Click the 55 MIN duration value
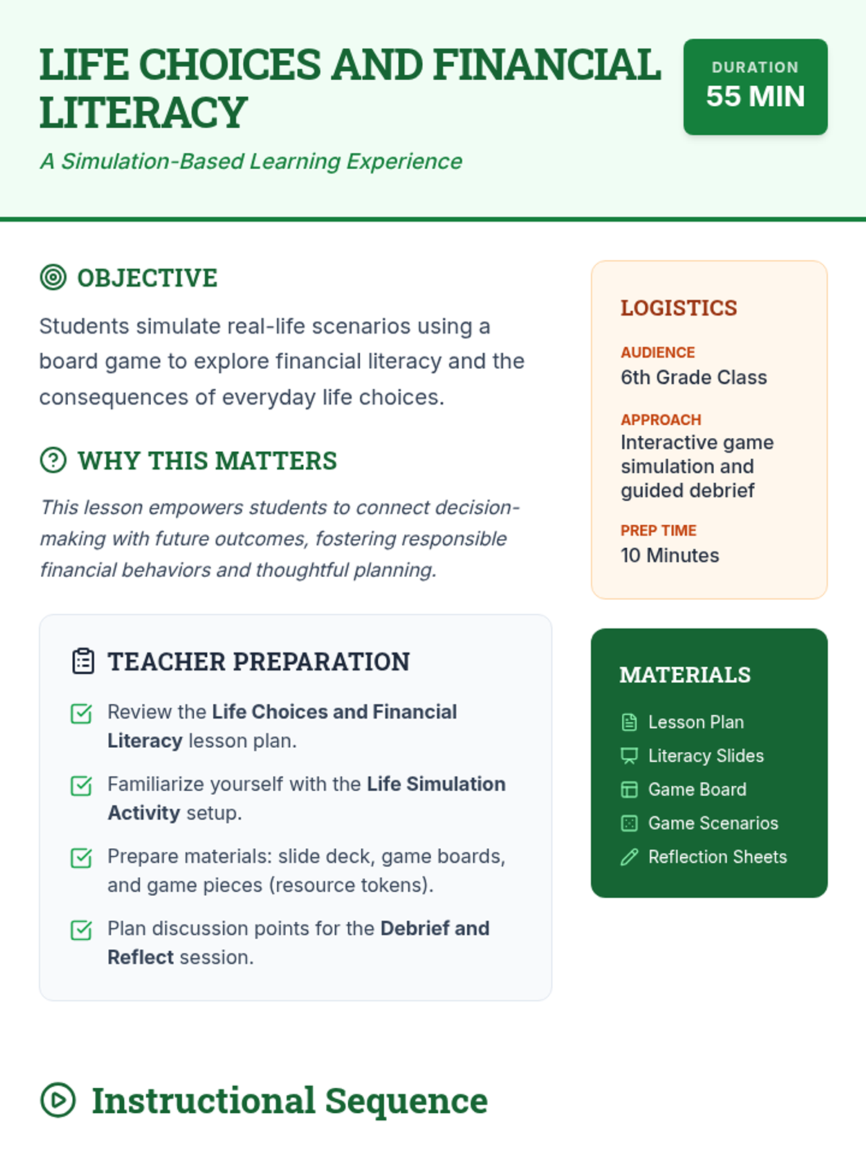755,97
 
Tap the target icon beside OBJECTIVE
53,277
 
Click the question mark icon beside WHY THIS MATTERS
53,460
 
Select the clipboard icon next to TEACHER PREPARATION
83,661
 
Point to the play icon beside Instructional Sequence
58,1100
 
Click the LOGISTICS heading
678,308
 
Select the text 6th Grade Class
694,378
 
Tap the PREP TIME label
658,531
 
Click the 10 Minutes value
670,555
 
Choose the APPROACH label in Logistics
660,420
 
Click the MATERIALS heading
685,675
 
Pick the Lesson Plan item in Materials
696,722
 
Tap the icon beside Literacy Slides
629,756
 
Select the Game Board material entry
697,789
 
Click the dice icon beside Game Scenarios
629,823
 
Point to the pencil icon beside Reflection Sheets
629,857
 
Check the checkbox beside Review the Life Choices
82,713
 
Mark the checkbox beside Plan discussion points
82,930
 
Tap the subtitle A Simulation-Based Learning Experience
251,161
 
